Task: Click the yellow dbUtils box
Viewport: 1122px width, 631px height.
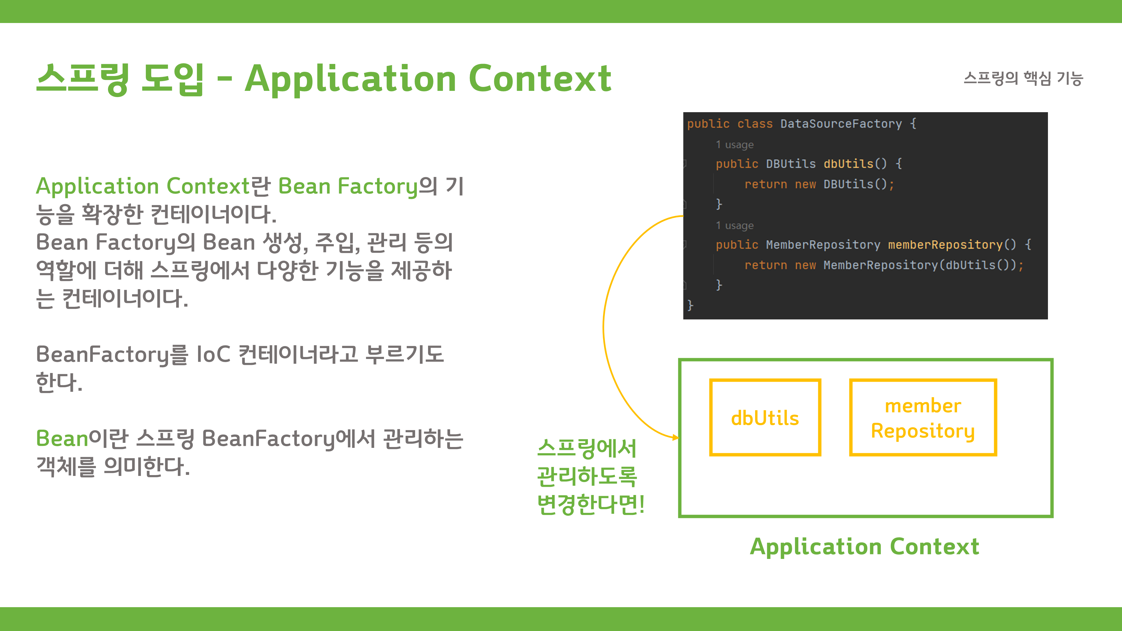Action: [765, 418]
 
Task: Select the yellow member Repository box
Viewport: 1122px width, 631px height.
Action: [923, 418]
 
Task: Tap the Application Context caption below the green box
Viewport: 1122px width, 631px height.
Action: [864, 547]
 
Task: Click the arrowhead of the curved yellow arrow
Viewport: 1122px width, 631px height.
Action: [675, 437]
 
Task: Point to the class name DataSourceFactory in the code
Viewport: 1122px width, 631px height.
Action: [841, 124]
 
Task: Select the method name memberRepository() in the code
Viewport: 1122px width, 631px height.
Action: [952, 245]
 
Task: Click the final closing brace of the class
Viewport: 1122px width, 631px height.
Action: [690, 305]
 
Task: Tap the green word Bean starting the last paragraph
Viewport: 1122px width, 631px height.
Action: [62, 439]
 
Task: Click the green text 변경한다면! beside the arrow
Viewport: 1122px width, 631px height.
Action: [590, 504]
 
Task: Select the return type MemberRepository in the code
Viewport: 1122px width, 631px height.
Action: [823, 245]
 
